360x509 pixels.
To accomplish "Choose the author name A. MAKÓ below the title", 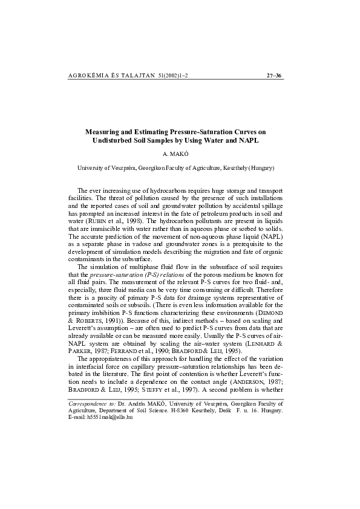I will pos(180,154).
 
